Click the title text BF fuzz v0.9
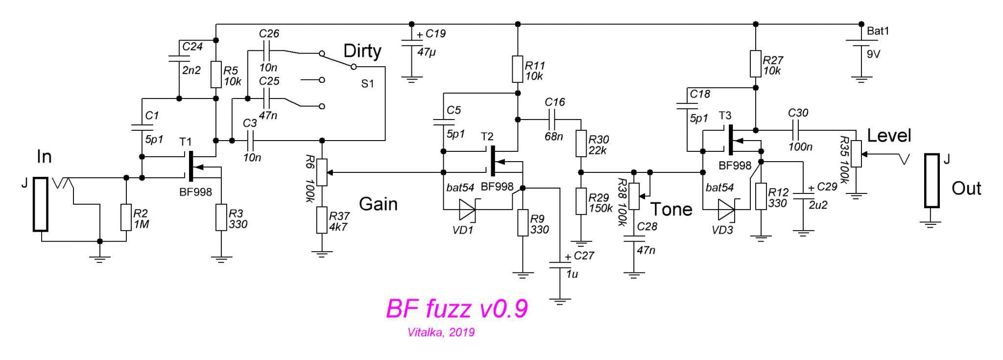[x=456, y=309]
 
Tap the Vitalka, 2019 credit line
[x=441, y=333]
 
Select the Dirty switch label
[x=362, y=51]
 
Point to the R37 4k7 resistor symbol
[x=321, y=220]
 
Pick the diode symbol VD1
[x=467, y=210]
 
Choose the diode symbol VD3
[x=726, y=210]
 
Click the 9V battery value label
[x=873, y=54]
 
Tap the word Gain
[x=378, y=204]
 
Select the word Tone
[x=671, y=210]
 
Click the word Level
[x=889, y=136]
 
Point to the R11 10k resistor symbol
[x=518, y=70]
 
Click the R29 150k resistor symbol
[x=581, y=201]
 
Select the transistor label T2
[x=487, y=136]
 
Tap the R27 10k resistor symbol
[x=756, y=64]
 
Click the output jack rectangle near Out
[x=931, y=181]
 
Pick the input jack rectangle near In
[x=40, y=204]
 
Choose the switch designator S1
[x=367, y=84]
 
